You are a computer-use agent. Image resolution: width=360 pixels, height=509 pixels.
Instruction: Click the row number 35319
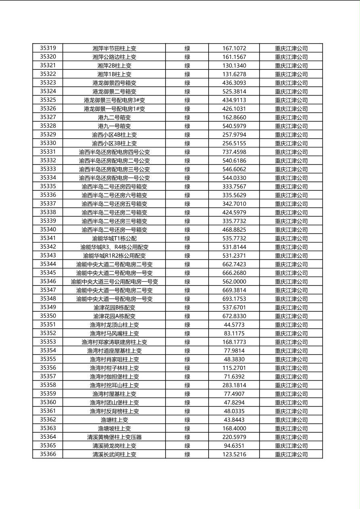(x=48, y=48)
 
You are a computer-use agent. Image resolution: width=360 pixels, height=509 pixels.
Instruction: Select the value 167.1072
(x=234, y=48)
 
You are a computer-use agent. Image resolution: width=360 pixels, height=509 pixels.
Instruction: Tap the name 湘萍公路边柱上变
(x=114, y=57)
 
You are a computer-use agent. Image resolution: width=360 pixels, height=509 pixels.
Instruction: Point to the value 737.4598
(x=234, y=152)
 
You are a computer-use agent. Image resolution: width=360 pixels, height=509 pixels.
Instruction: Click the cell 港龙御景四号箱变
(x=114, y=83)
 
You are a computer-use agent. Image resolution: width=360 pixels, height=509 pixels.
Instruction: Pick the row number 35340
(x=48, y=230)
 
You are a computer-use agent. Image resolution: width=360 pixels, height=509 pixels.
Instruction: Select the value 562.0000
(x=234, y=282)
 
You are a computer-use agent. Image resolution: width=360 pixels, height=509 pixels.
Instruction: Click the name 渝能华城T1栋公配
(x=114, y=238)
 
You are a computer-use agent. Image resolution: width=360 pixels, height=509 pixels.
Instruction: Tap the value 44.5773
(x=234, y=325)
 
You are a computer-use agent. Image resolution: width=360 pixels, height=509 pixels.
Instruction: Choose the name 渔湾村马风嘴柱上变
(x=114, y=334)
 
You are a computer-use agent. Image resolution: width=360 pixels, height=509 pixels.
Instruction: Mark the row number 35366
(x=48, y=455)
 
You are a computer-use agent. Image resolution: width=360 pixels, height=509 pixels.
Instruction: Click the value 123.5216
(x=234, y=455)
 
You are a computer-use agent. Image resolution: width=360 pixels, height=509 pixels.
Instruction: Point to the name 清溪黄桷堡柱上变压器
(x=114, y=437)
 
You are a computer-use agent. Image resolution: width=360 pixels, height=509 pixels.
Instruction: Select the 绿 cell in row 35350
(x=187, y=316)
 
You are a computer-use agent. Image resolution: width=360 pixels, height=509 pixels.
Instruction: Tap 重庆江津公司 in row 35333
(x=291, y=169)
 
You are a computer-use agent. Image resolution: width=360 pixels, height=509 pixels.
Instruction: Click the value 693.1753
(x=234, y=299)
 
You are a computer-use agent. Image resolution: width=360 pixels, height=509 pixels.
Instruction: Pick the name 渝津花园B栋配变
(x=114, y=308)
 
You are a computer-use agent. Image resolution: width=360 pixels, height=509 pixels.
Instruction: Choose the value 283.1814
(x=234, y=386)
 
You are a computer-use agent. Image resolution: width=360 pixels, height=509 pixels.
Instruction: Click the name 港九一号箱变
(x=114, y=126)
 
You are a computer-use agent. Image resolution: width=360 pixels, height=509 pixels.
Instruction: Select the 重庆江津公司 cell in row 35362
(x=291, y=420)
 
